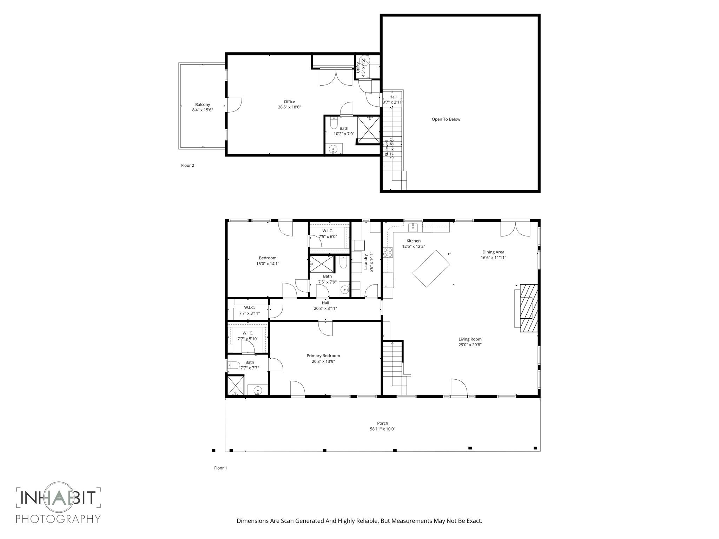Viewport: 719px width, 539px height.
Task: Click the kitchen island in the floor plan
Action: pos(431,268)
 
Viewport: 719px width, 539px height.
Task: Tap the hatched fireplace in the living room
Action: pos(529,308)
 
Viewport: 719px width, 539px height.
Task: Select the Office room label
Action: pos(289,102)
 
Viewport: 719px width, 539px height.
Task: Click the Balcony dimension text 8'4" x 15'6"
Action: pos(203,110)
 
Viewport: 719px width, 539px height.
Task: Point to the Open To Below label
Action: pos(446,119)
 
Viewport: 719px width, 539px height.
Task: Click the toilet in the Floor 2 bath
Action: pos(334,124)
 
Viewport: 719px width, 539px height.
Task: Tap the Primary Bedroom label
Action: pos(323,356)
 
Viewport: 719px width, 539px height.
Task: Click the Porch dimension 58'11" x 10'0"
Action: pos(382,429)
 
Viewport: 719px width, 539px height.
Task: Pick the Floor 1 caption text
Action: pos(220,468)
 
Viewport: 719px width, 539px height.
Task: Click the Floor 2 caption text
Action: pos(187,166)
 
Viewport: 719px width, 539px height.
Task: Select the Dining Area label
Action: pos(493,252)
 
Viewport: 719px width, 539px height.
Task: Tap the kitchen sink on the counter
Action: pos(413,227)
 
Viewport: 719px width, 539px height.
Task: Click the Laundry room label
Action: pos(365,262)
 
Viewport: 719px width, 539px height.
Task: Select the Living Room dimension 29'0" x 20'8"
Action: pos(470,345)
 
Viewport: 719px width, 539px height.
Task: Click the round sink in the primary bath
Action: pos(258,390)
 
